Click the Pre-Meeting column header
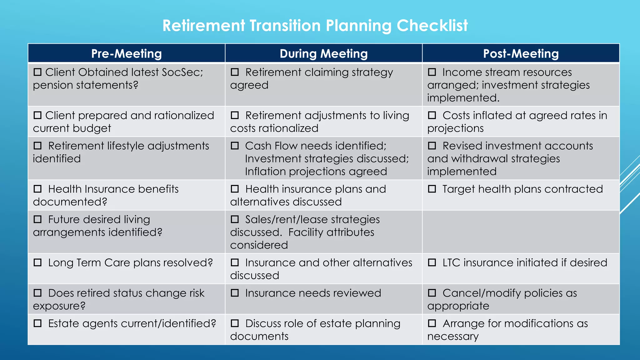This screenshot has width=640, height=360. [126, 54]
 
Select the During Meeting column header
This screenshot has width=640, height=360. [323, 54]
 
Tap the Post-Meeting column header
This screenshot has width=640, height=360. [521, 54]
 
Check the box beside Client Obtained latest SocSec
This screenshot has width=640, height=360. [37, 72]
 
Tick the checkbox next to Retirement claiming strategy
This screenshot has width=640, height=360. [235, 72]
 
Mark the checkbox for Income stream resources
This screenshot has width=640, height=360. [432, 72]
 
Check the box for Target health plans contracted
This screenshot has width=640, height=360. [432, 189]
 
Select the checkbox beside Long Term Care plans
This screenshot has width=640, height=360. [37, 262]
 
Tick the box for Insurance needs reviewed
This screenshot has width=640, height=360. [235, 293]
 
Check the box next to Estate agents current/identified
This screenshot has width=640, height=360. [37, 323]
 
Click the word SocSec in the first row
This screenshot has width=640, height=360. [182, 72]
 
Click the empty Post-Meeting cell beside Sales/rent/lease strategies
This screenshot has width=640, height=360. [521, 232]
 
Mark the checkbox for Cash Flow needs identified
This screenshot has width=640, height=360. [235, 146]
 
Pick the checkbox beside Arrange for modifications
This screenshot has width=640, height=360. [432, 323]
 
